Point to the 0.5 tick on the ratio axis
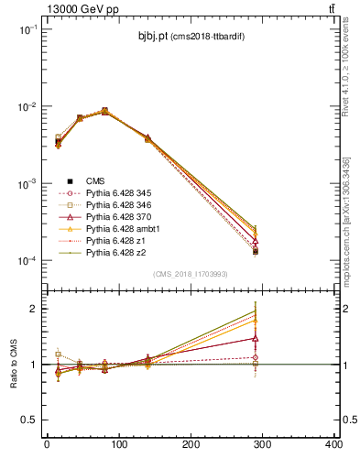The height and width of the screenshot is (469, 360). (29, 420)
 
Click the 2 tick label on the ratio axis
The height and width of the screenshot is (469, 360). (33, 309)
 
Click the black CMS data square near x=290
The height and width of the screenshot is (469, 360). (256, 251)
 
